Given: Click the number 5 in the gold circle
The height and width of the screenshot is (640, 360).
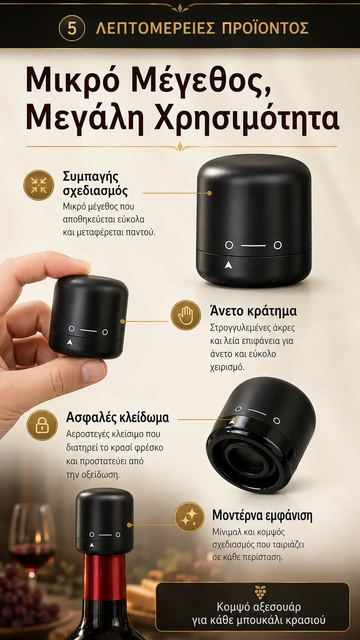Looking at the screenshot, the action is coord(72,29).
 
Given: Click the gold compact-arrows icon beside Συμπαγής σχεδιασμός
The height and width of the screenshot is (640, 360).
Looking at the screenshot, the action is coord(39,185).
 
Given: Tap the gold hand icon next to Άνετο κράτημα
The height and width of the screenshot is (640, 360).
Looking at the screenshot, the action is coord(186,315).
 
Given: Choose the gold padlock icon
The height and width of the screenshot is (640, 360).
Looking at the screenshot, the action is coord(42,425).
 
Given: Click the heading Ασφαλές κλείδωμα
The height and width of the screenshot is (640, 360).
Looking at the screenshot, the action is coord(117,418).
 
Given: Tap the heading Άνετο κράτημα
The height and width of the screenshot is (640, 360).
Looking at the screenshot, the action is coord(254,310).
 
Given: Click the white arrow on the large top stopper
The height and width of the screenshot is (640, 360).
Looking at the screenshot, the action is coord(228,265).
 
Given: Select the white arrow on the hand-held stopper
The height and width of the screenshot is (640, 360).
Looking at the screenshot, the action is coord(70,342).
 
